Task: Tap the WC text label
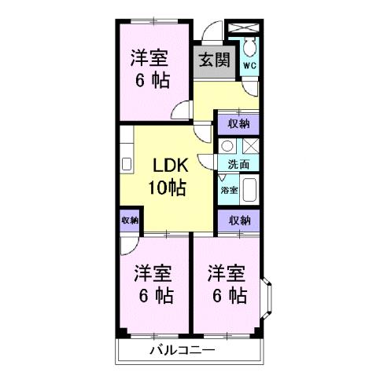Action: click(x=248, y=66)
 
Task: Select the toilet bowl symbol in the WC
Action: click(x=248, y=46)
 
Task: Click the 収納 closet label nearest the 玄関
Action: click(x=238, y=123)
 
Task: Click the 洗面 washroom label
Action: click(x=238, y=165)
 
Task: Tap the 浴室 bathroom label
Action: click(x=228, y=191)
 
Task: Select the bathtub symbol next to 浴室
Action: click(x=250, y=191)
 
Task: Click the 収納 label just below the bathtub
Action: click(x=238, y=221)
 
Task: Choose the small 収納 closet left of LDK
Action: click(x=130, y=221)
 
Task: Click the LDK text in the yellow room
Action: click(x=167, y=166)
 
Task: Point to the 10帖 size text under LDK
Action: click(x=167, y=188)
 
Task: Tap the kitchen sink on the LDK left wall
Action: click(x=125, y=166)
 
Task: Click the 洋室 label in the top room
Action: click(x=149, y=57)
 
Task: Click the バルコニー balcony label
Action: click(x=180, y=351)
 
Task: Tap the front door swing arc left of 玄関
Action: click(x=208, y=34)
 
